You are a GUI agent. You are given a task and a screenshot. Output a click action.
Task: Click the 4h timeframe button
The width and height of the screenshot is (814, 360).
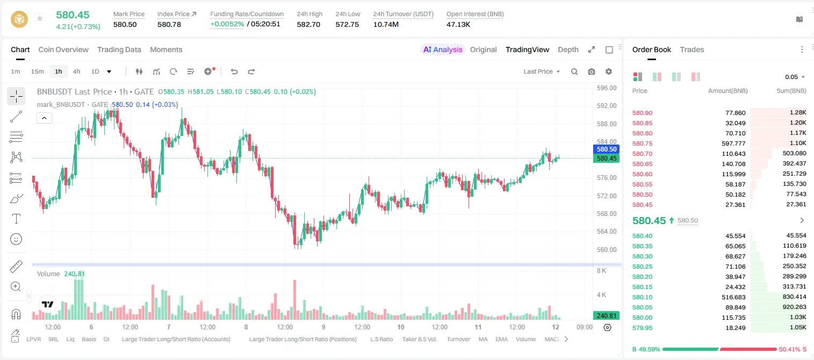(76, 71)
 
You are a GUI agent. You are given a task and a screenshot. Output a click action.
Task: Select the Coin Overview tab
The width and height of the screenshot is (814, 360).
(63, 49)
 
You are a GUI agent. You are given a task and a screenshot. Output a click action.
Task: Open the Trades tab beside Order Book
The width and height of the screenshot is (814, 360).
(692, 49)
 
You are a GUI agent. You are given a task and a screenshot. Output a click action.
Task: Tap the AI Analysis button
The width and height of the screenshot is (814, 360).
(443, 49)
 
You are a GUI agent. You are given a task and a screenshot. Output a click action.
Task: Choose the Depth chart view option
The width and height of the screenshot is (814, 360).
(568, 49)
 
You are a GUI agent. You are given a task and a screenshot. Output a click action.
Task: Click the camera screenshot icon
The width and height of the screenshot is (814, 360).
(592, 71)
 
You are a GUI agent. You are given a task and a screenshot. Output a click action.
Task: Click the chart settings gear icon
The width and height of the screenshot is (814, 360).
(609, 71)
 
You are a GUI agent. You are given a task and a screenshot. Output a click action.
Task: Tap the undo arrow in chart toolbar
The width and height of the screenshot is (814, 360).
(234, 71)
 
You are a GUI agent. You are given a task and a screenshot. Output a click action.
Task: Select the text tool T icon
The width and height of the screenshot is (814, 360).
(16, 219)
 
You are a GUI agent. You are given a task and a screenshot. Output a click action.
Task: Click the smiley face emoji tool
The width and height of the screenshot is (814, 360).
(16, 239)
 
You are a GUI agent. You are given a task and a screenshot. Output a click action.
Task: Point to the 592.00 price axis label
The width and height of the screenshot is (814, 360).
(607, 106)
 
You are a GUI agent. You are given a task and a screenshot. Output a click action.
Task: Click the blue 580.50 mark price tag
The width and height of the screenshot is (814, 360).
(606, 149)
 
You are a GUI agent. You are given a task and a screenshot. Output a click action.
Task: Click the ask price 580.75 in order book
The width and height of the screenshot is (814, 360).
(642, 143)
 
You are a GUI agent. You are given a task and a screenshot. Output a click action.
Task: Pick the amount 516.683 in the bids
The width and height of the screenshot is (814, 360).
(733, 297)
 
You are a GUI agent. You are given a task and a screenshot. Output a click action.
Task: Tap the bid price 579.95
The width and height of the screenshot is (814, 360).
(642, 328)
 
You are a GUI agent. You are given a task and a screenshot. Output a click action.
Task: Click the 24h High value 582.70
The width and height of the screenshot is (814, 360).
(308, 24)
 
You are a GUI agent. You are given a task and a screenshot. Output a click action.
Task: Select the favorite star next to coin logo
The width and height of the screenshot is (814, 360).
(40, 18)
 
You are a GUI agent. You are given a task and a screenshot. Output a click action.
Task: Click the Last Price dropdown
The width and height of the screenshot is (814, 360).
(542, 71)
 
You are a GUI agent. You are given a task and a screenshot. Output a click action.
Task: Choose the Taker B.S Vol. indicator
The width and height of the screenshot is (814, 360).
(419, 339)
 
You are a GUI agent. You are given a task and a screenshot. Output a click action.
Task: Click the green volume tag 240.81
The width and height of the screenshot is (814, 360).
(606, 316)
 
